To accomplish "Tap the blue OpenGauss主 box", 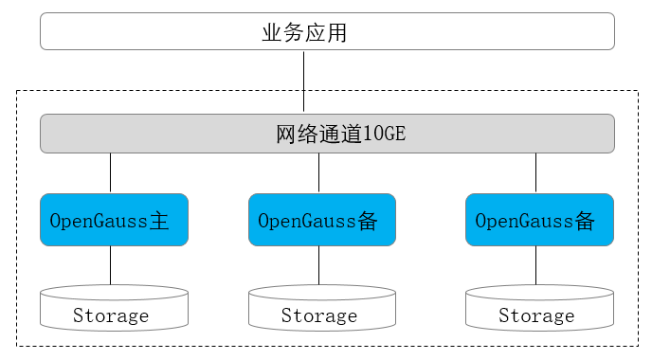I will (114, 221).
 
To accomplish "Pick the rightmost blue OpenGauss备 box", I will (539, 221).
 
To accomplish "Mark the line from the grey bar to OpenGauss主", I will (110, 172).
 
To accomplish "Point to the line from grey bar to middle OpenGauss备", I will (318, 172).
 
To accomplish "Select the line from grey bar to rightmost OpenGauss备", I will (536, 172).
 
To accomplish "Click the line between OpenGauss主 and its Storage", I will (110, 265).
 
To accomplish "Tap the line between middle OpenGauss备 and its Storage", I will (318, 265).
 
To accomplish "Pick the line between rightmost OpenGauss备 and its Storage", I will (536, 265).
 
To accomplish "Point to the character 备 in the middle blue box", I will (368, 221).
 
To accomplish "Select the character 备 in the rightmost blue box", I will (585, 221).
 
